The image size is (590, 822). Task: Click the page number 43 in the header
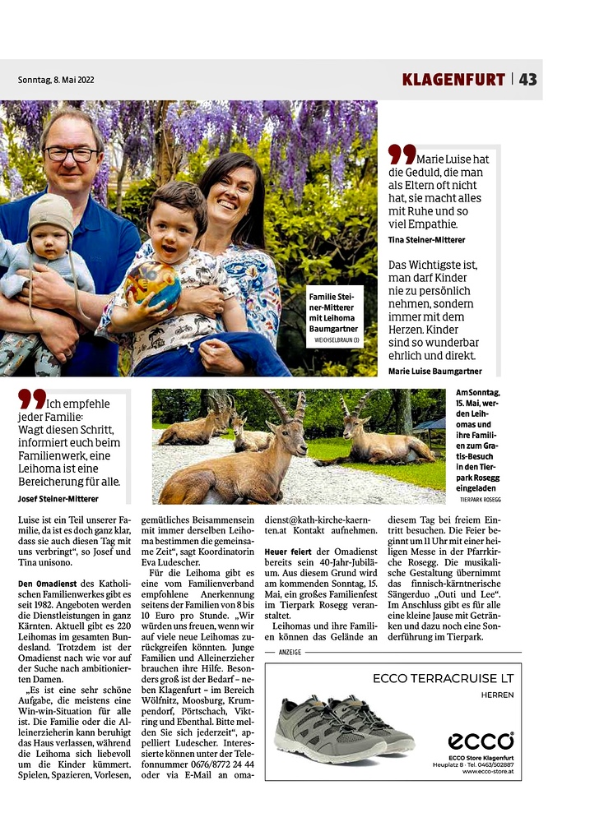click(x=527, y=79)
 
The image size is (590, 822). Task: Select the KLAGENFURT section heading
click(x=453, y=80)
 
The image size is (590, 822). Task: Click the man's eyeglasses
click(x=71, y=154)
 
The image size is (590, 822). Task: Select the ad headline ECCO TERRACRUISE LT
click(x=443, y=678)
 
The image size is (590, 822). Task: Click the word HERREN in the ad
click(x=497, y=695)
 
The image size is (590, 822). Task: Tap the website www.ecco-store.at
click(x=488, y=771)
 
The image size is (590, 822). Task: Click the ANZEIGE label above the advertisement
click(x=290, y=652)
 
